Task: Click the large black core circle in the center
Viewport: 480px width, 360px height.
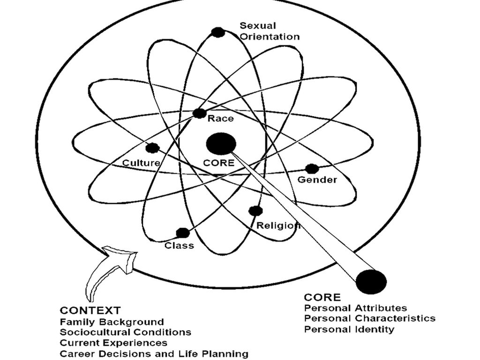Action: point(221,143)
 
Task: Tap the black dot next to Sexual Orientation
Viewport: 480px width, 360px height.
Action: point(217,32)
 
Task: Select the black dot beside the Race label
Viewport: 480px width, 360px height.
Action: point(199,113)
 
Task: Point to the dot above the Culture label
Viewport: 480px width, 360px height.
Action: point(152,148)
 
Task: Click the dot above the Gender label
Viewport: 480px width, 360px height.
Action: point(312,169)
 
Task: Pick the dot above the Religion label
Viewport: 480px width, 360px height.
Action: point(255,211)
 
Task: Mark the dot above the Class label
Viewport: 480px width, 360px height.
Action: point(182,232)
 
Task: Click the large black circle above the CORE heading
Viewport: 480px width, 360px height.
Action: point(371,282)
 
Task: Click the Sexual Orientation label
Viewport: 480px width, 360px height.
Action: point(270,31)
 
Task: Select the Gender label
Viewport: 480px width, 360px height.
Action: point(317,180)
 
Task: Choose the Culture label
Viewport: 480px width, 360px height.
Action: point(141,163)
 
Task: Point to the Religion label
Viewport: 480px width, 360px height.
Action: point(278,225)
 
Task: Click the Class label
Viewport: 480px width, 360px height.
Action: point(179,245)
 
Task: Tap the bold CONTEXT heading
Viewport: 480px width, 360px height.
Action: point(90,310)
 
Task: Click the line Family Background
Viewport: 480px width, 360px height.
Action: point(112,322)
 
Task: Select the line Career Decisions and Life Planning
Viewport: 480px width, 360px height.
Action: point(154,353)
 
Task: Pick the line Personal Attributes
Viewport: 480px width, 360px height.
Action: point(355,308)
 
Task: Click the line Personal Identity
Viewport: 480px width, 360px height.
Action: point(349,329)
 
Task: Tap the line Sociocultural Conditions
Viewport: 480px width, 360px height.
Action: point(125,332)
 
